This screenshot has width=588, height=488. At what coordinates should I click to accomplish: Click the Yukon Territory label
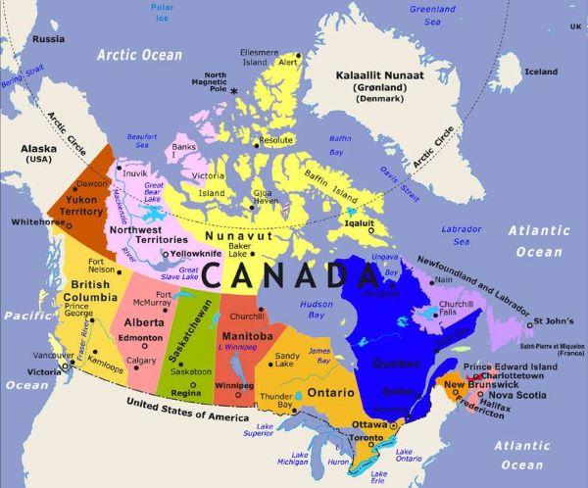(x=80, y=205)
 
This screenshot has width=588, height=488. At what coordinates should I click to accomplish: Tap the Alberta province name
(x=143, y=321)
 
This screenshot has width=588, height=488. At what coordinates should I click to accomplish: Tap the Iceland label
(x=540, y=72)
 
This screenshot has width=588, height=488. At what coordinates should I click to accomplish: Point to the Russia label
(x=48, y=39)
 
